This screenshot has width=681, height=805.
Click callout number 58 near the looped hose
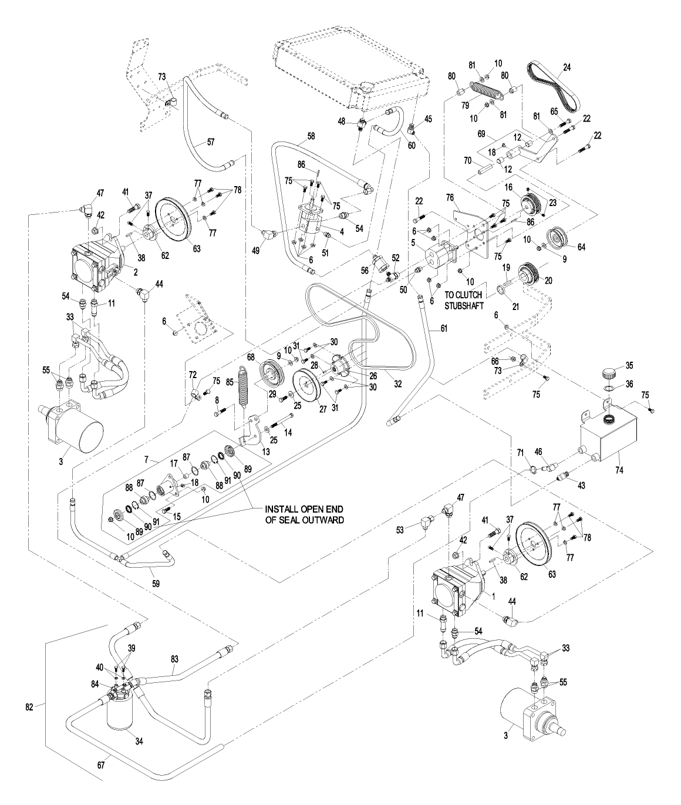coord(312,136)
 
